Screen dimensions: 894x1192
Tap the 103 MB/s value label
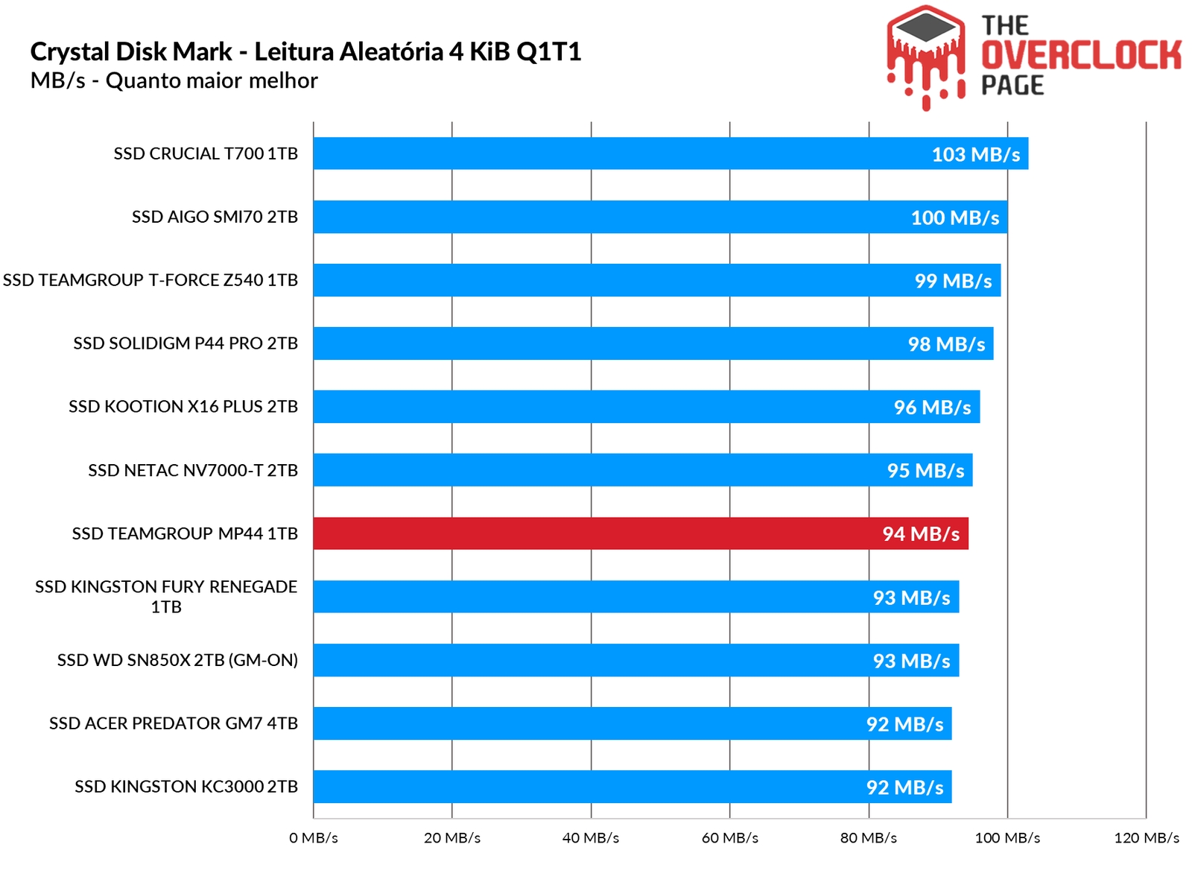[975, 154]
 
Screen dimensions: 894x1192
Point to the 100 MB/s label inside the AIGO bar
[954, 218]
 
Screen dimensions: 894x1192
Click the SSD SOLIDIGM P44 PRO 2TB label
[186, 343]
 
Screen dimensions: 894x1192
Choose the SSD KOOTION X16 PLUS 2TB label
[183, 407]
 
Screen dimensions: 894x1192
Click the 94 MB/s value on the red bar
[921, 534]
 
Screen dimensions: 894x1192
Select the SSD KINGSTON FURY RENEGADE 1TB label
[166, 597]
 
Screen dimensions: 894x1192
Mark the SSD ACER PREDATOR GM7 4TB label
[174, 723]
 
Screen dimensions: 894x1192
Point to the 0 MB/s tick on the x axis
[314, 838]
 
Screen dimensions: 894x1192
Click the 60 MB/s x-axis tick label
[729, 838]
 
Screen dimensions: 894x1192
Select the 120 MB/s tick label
[1146, 838]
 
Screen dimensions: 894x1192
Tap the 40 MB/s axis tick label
[591, 838]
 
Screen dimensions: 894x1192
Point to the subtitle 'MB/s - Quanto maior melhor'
[174, 80]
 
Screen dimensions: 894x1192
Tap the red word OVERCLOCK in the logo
[1081, 56]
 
